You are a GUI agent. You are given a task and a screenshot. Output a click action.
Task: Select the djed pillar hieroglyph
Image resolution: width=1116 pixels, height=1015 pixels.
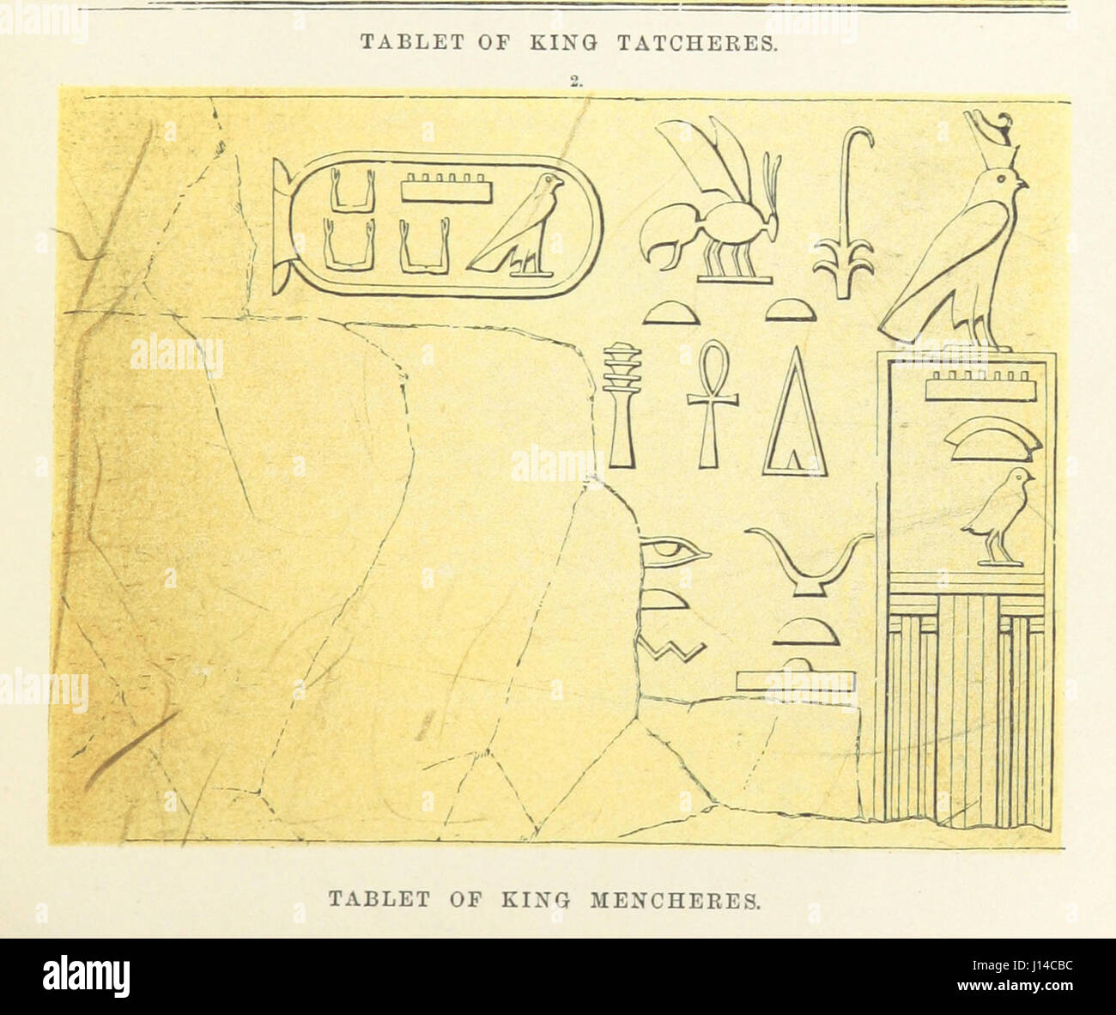coord(622,404)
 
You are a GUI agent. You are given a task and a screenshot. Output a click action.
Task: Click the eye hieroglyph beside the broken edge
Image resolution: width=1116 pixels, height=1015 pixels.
coord(674,551)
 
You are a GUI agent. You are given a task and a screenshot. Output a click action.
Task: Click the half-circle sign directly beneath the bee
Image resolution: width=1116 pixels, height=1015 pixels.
coord(672,314)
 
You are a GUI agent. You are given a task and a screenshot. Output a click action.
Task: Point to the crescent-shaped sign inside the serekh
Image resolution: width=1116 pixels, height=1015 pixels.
coord(992,438)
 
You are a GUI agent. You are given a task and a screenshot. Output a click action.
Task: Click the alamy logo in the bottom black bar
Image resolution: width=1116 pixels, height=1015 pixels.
coord(86,976)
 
